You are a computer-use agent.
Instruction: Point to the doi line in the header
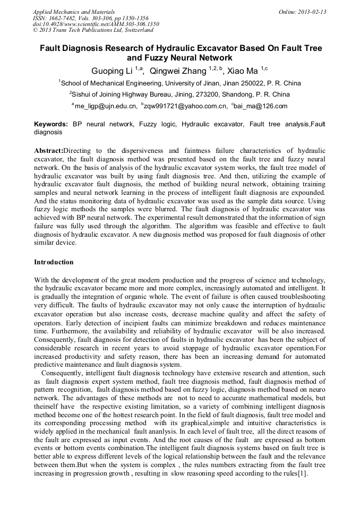click(96, 24)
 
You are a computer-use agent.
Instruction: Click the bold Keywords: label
click(51, 124)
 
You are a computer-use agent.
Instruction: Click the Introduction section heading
click(54, 262)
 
